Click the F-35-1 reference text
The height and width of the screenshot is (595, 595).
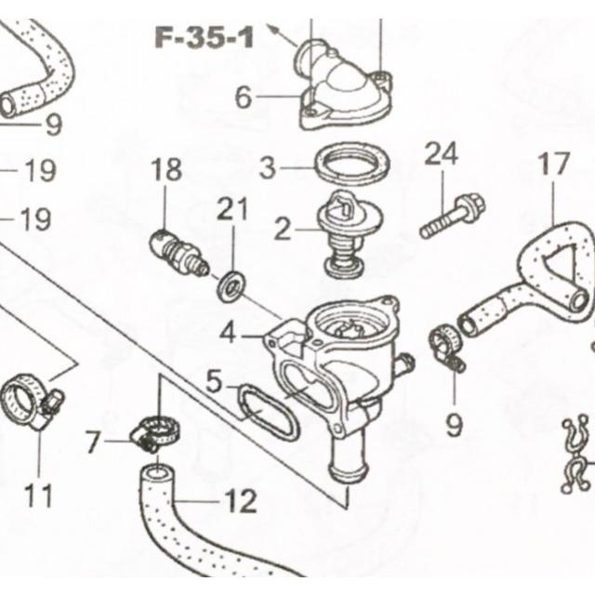(205, 38)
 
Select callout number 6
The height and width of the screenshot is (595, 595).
(244, 97)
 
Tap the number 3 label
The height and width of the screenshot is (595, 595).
(268, 167)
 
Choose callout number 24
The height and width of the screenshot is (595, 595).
(442, 153)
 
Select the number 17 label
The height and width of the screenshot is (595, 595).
(554, 164)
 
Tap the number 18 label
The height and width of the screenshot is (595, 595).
(166, 169)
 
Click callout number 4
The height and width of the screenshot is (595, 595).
(228, 333)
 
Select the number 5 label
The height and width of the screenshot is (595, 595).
(214, 381)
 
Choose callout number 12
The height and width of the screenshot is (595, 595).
(241, 500)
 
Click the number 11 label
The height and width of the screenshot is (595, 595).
(38, 496)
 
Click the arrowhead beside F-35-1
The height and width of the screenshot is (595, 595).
(271, 28)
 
